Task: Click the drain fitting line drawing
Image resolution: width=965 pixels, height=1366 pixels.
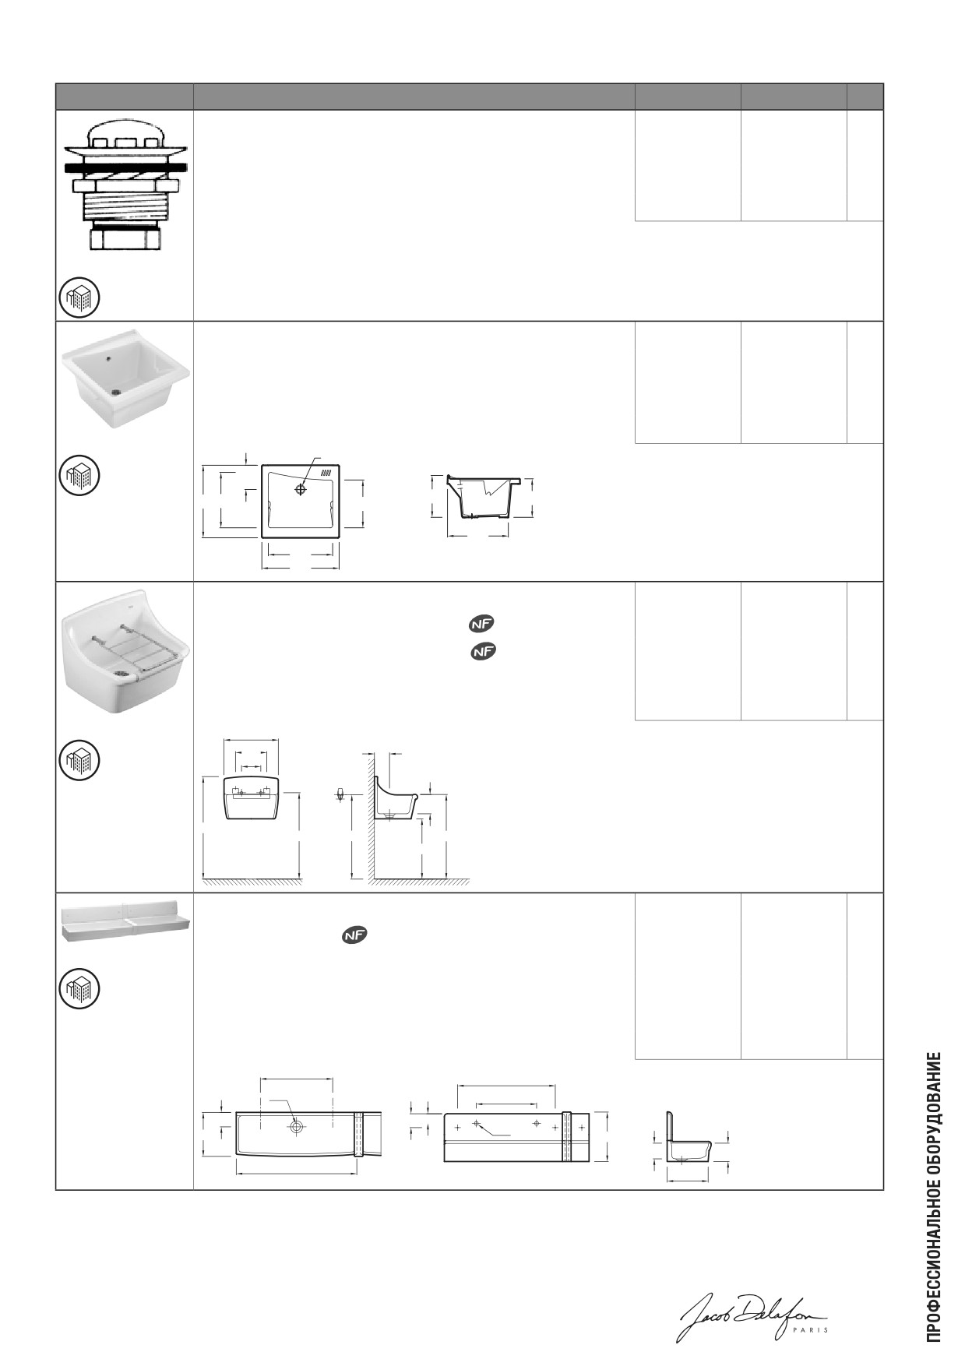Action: [x=126, y=185]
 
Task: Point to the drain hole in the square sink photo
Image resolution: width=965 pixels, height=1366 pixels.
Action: [x=116, y=392]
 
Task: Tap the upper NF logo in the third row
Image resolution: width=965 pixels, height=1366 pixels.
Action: [x=483, y=624]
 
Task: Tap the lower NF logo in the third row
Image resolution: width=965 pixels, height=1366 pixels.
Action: [x=483, y=652]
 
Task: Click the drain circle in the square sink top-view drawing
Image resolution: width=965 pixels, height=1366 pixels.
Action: [x=301, y=489]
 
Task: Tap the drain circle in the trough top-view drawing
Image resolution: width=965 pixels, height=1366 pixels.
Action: [x=297, y=1127]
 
